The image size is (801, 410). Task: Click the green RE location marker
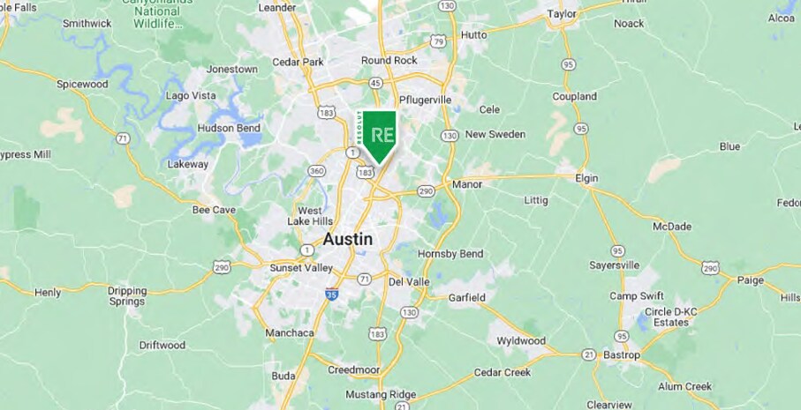point(382,136)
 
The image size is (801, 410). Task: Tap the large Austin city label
point(347,239)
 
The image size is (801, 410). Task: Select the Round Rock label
point(389,60)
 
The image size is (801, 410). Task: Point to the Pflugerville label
point(425,100)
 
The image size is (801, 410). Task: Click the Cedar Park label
point(298,62)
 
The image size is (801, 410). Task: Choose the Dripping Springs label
point(126,295)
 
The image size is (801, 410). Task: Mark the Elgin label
point(586,178)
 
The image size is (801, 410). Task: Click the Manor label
point(466,184)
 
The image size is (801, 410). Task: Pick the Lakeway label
point(188,164)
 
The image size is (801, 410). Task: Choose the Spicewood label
point(82,84)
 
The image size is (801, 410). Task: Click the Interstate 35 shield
point(331,294)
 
